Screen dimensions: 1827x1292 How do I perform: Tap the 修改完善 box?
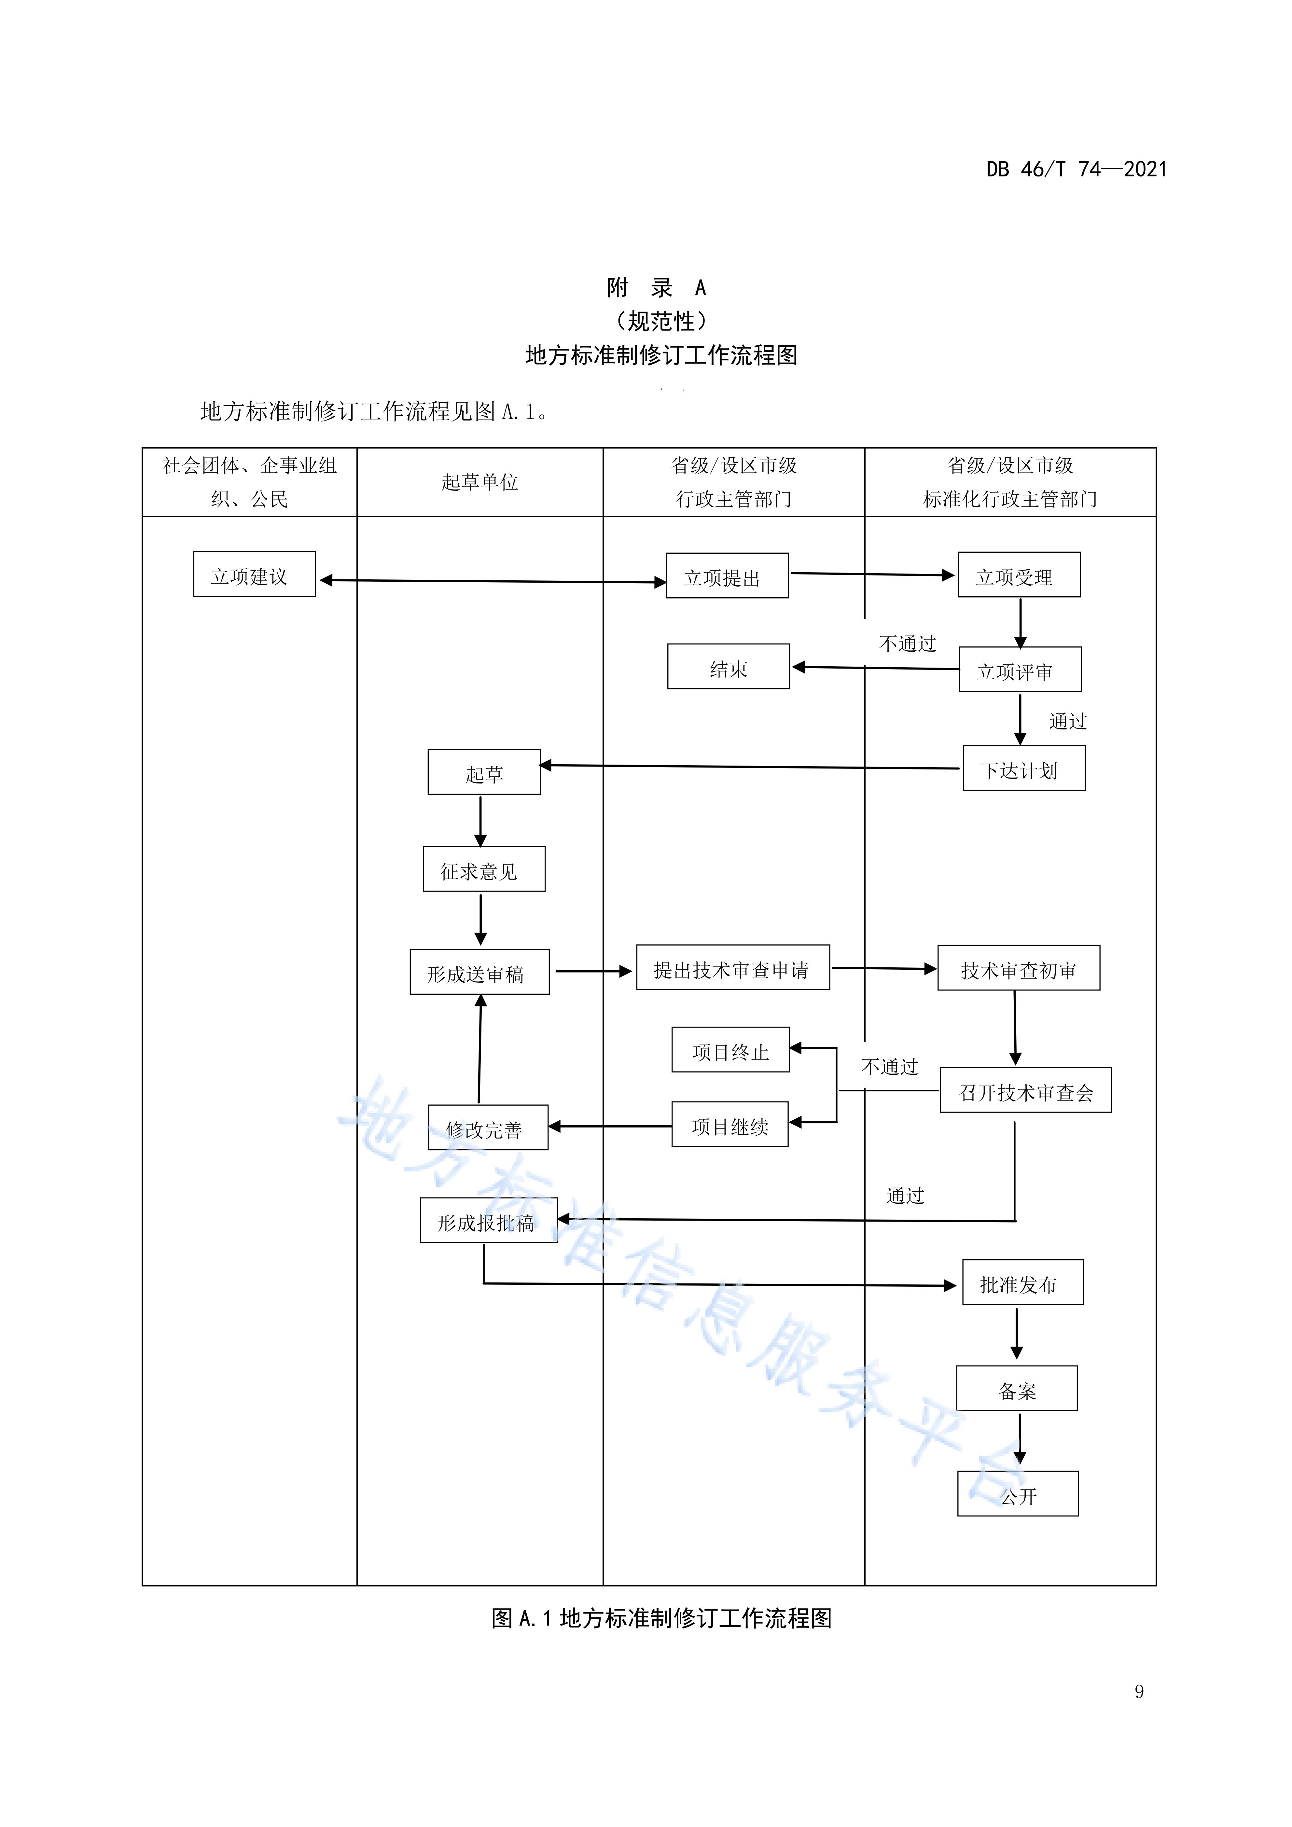click(x=488, y=1127)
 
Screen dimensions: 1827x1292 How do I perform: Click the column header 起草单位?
click(x=480, y=482)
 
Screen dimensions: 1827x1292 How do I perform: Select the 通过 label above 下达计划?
click(x=1068, y=721)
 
